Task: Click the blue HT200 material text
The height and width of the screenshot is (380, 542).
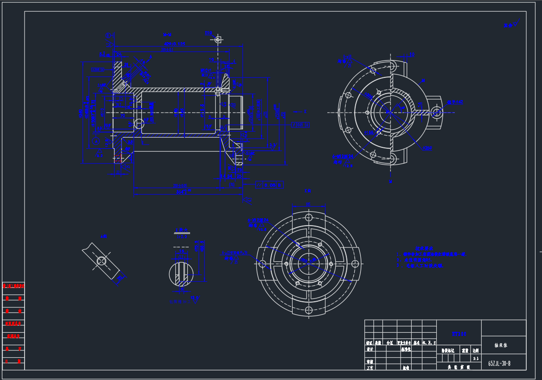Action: (x=459, y=334)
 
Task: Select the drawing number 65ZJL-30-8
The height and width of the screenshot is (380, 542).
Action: (x=499, y=363)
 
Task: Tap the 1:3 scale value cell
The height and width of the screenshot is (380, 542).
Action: (x=475, y=358)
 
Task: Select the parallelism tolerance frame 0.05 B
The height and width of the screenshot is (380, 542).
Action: (x=269, y=185)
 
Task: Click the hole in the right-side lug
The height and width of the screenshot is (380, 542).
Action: (x=436, y=112)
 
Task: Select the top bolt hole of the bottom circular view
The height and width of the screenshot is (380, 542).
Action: (x=308, y=217)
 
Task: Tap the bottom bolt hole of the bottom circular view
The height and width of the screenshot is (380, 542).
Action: (x=308, y=310)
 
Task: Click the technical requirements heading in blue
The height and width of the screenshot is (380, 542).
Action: (x=423, y=248)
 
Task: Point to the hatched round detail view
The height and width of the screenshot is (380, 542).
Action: (x=181, y=273)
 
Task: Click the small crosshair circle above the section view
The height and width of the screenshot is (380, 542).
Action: (x=218, y=40)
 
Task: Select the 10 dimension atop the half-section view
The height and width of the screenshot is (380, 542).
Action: (x=412, y=54)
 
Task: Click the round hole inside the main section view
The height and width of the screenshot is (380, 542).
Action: (x=139, y=124)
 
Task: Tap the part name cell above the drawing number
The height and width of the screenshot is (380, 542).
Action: (x=504, y=345)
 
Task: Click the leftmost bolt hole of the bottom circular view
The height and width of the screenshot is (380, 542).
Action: (x=262, y=264)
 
